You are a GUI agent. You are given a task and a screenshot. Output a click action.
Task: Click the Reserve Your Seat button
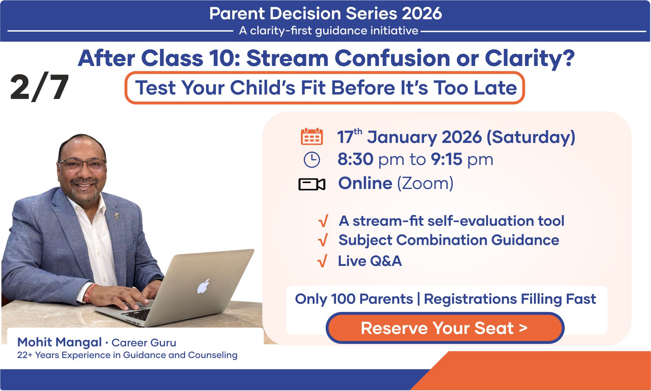[x=445, y=328]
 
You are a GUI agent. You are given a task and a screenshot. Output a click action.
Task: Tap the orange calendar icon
[x=312, y=136]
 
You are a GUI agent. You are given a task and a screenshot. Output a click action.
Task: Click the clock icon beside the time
[x=312, y=160]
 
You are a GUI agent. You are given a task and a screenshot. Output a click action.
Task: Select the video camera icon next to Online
[x=312, y=184]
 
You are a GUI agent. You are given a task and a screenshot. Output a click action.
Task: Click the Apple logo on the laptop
[x=203, y=286]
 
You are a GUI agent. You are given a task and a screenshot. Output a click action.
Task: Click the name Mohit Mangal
[x=59, y=342]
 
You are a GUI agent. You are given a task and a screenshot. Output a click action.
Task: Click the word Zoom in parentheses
[x=425, y=183]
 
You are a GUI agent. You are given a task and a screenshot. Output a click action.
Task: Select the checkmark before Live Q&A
[x=322, y=261]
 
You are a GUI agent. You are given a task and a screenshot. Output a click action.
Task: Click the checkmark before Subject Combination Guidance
[x=323, y=240]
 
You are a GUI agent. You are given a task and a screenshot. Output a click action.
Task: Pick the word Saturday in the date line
[x=531, y=137]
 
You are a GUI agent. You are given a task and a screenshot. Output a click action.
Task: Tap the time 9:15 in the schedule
[x=447, y=159]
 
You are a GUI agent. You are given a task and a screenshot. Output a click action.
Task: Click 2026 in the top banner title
[x=422, y=14]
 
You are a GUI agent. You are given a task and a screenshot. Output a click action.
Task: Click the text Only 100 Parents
[x=354, y=299]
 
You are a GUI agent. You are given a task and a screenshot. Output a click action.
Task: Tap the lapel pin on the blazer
[x=117, y=216]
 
